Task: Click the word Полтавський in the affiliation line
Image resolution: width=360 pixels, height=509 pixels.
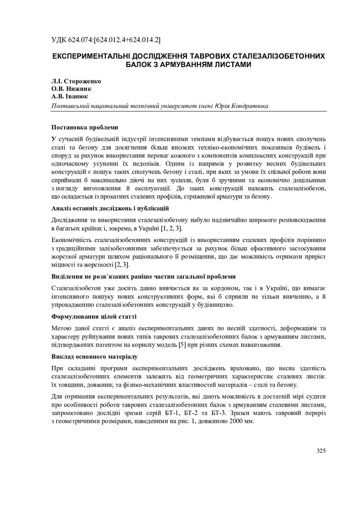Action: [73, 105]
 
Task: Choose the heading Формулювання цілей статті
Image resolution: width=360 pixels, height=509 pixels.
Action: [94, 316]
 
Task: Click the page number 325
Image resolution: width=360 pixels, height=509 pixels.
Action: [321, 451]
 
